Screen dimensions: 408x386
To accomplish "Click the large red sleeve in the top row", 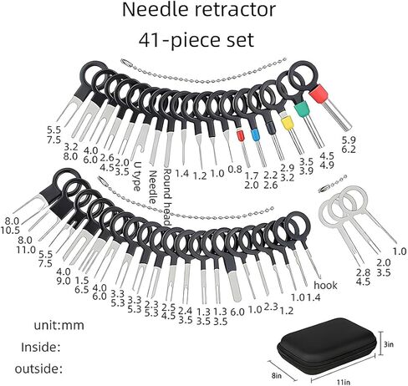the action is (319, 94).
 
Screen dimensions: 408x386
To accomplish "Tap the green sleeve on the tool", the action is (302, 109).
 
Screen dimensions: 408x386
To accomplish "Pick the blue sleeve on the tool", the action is (254, 135).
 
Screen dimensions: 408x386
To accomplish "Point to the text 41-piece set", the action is (196, 40).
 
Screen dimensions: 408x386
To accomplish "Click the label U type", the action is (137, 176).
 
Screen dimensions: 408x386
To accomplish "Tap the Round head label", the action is (167, 196).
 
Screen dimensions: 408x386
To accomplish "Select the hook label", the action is (325, 285).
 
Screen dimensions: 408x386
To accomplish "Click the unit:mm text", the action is (59, 325).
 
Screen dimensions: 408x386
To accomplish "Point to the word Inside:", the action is (41, 348).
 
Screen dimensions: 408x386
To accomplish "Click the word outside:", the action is (38, 369).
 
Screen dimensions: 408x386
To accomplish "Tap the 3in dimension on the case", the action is (389, 344).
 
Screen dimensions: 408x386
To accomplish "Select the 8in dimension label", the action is (277, 376).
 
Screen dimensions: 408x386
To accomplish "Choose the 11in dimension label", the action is (344, 382).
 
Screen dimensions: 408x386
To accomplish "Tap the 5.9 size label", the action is (349, 140).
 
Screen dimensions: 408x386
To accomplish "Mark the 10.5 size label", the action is (11, 231).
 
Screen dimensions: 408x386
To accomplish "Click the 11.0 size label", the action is (26, 250).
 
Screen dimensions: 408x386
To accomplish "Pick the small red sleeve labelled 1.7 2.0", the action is (240, 136).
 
